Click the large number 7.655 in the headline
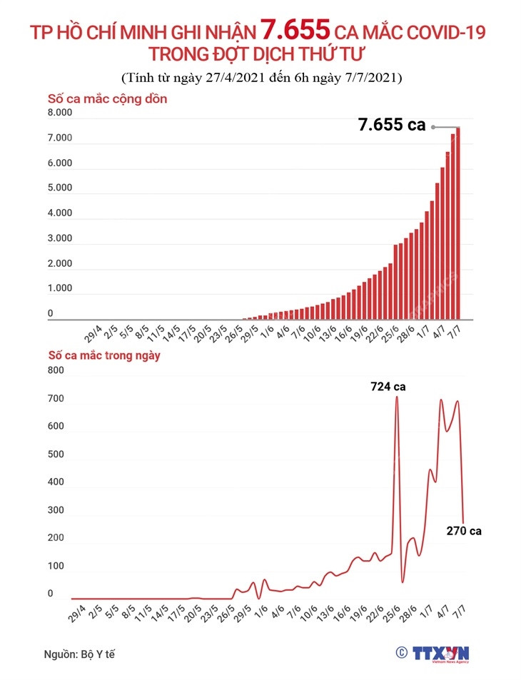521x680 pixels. pyautogui.click(x=295, y=30)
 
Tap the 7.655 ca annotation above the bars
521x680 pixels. pyautogui.click(x=391, y=126)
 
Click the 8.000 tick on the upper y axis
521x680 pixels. pyautogui.click(x=60, y=113)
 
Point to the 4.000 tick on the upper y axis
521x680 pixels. pyautogui.click(x=60, y=213)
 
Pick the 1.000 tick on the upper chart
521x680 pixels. pyautogui.click(x=60, y=288)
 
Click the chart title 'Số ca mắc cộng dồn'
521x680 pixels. pyautogui.click(x=107, y=98)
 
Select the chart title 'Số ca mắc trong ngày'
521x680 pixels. pyautogui.click(x=104, y=355)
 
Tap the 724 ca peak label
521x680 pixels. pyautogui.click(x=388, y=386)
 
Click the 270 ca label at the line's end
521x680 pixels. pyautogui.click(x=465, y=531)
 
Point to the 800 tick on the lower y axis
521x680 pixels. pyautogui.click(x=56, y=371)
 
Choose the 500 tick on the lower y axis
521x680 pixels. pyautogui.click(x=56, y=455)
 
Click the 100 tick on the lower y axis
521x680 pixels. pyautogui.click(x=56, y=566)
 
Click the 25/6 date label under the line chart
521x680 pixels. pyautogui.click(x=390, y=614)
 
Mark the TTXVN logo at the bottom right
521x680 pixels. pyautogui.click(x=440, y=654)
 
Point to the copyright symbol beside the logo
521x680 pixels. pyautogui.click(x=401, y=652)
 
